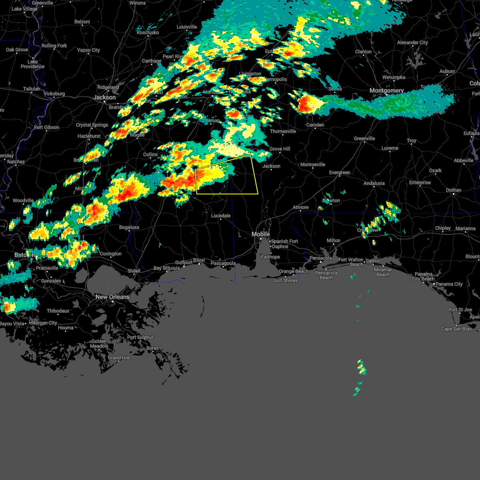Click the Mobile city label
[261, 234]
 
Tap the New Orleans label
[112, 297]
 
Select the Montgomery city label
[386, 90]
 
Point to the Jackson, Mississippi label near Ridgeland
[104, 97]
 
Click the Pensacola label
[320, 258]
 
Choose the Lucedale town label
[221, 216]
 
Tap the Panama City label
[449, 284]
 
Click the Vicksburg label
[54, 94]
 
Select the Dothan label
[454, 190]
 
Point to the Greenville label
[364, 138]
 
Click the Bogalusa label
[129, 227]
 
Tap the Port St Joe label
[460, 310]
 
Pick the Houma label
[66, 328]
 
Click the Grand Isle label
[119, 358]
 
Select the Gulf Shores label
[285, 280]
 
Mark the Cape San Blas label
[456, 329]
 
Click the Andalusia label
[374, 183]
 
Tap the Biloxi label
[199, 260]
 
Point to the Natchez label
[16, 162]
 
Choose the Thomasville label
[283, 131]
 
